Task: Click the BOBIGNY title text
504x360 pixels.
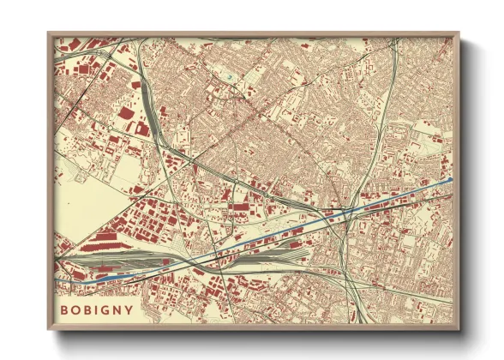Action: (x=96, y=309)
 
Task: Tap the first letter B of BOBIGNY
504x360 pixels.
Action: (x=63, y=309)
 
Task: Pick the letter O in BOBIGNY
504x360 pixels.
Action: (x=75, y=309)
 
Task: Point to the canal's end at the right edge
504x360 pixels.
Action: (x=451, y=179)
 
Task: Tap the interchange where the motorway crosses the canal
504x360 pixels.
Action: (x=343, y=211)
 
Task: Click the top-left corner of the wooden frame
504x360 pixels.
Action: (x=48, y=33)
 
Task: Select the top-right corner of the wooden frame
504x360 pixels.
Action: (x=459, y=33)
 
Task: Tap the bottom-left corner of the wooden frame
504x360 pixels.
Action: (x=48, y=331)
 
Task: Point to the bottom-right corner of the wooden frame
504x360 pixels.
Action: (x=459, y=331)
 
